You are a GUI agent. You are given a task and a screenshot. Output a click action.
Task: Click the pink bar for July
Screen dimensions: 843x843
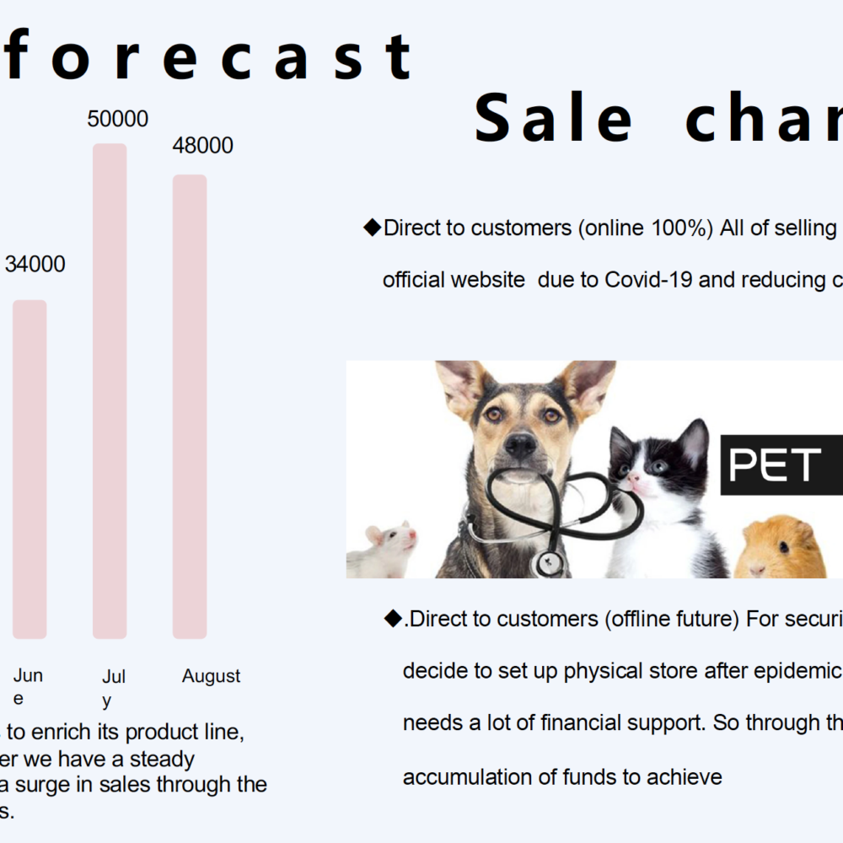[x=110, y=391]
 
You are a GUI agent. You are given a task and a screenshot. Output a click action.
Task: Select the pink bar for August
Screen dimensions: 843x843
[x=190, y=406]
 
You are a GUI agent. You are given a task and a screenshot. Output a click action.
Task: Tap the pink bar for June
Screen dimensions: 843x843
[x=30, y=470]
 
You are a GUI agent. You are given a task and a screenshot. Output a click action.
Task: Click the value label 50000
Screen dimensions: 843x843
[x=118, y=119]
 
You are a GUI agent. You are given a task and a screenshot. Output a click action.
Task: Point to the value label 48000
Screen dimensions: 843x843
[x=202, y=146]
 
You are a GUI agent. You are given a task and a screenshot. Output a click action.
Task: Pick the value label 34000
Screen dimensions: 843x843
[x=35, y=264]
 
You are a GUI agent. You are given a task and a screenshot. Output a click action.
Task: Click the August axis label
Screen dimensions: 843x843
[x=211, y=676]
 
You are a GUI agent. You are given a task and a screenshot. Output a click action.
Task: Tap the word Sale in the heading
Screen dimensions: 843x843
[x=553, y=118]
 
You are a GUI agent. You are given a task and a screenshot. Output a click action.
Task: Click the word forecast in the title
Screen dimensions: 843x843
[x=208, y=56]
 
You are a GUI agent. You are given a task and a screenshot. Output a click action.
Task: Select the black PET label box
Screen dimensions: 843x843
[x=781, y=464]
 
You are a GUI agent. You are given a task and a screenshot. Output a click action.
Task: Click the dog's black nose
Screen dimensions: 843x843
[x=520, y=444]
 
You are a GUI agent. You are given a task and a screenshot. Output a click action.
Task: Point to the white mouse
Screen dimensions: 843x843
[x=382, y=550]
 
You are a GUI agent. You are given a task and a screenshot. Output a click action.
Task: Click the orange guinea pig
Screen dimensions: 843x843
[x=780, y=548]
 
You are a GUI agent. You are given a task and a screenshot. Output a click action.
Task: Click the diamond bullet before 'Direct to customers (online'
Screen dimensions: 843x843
[x=372, y=228]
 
